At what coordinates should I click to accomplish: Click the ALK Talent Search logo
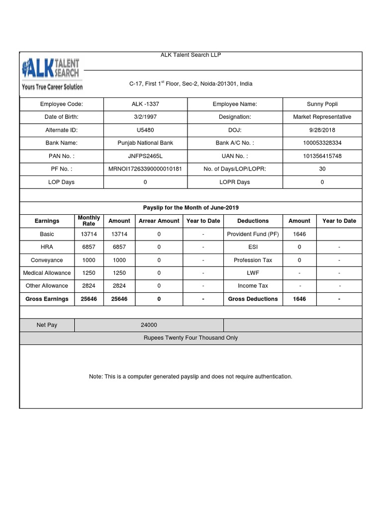[52, 73]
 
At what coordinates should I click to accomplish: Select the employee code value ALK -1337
[145, 104]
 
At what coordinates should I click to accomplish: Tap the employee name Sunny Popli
[322, 104]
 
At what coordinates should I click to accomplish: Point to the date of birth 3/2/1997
[145, 117]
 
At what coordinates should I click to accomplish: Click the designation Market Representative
[322, 117]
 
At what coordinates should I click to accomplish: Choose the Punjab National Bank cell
[145, 143]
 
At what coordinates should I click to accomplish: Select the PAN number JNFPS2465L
[145, 156]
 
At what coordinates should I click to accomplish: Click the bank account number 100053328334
[322, 143]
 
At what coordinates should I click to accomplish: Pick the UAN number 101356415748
[322, 156]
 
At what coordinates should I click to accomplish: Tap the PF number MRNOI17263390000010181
[145, 169]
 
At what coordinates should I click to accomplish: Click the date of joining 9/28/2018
[322, 130]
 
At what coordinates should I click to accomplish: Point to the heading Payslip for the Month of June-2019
[191, 207]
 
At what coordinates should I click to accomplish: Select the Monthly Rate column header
[89, 221]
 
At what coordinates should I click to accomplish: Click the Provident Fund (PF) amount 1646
[299, 234]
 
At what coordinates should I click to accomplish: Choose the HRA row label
[47, 247]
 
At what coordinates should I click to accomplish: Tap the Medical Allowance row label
[47, 273]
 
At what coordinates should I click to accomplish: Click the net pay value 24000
[149, 325]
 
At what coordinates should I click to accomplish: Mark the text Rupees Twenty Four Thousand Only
[191, 338]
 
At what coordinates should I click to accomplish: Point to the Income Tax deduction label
[253, 286]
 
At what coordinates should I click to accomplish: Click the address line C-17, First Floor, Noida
[191, 84]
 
